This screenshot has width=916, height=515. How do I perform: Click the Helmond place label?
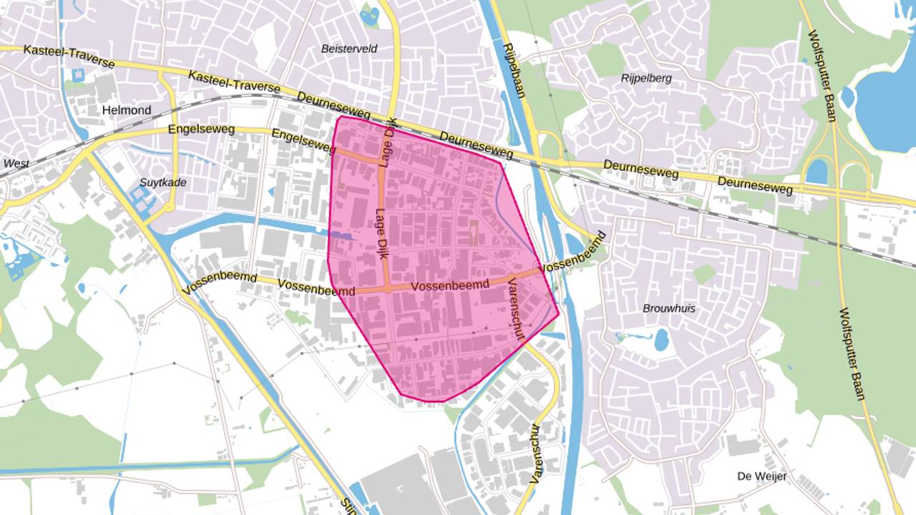point(127,110)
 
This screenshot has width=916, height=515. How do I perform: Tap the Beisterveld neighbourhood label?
point(349,49)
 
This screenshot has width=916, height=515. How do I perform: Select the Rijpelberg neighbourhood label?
point(646,78)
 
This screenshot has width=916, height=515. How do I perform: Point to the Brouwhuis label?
point(668,308)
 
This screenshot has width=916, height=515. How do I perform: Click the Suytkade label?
point(163,182)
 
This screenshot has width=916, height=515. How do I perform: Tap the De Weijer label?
point(761,476)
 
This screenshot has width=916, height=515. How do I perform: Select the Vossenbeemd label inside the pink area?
point(450,285)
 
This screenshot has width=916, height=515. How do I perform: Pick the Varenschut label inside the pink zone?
point(516,309)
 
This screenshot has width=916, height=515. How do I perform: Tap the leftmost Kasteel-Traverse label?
point(69,56)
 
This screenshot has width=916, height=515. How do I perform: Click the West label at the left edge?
point(16,164)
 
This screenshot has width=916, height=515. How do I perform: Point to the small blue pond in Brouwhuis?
point(661,340)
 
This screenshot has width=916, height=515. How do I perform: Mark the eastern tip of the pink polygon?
point(558,313)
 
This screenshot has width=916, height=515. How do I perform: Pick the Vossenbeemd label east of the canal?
point(575,251)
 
